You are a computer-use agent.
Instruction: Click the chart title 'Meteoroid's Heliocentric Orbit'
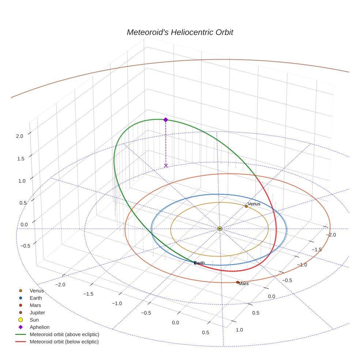[x=180, y=32]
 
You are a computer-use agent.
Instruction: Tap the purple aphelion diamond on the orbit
[x=166, y=120]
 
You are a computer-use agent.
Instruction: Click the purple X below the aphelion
[x=166, y=165]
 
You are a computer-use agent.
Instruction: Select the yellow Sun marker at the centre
[x=220, y=229]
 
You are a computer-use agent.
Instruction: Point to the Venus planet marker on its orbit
[x=246, y=206]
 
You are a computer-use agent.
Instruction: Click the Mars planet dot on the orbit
[x=237, y=282]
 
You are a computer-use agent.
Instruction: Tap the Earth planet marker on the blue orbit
[x=195, y=263]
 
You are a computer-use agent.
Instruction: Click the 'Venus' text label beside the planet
[x=254, y=204]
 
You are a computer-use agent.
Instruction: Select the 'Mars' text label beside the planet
[x=244, y=284]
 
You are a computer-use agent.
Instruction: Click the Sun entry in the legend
[x=34, y=320]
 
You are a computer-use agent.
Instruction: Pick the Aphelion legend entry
[x=40, y=327]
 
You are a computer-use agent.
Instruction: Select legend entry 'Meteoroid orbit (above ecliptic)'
[x=64, y=334]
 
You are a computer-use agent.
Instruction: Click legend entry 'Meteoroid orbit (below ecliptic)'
[x=64, y=342]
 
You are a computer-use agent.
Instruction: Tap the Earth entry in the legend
[x=36, y=298]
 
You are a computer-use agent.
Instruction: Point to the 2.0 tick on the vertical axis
[x=19, y=136]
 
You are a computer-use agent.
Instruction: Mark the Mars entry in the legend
[x=35, y=305]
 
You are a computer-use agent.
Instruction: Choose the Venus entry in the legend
[x=37, y=290]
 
